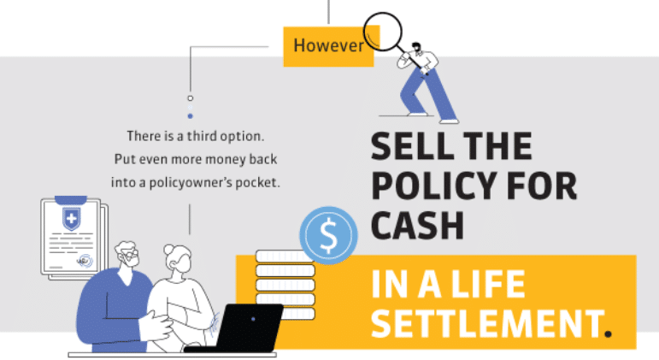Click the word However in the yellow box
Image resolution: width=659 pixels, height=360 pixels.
click(x=328, y=45)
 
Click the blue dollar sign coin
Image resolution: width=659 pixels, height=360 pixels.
click(x=329, y=235)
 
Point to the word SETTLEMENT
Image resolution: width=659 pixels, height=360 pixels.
click(x=487, y=322)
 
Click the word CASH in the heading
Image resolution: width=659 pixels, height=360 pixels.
click(x=417, y=226)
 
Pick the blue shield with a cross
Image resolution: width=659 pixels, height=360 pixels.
click(x=72, y=219)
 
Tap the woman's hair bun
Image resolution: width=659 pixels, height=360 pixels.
click(x=168, y=250)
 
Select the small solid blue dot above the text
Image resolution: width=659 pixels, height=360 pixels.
click(x=191, y=116)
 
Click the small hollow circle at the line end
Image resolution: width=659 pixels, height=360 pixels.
click(x=191, y=98)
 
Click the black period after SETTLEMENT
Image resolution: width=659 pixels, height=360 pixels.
click(x=608, y=334)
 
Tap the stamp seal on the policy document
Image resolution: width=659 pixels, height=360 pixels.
click(x=85, y=261)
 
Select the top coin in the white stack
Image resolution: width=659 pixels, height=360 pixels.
click(x=284, y=257)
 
